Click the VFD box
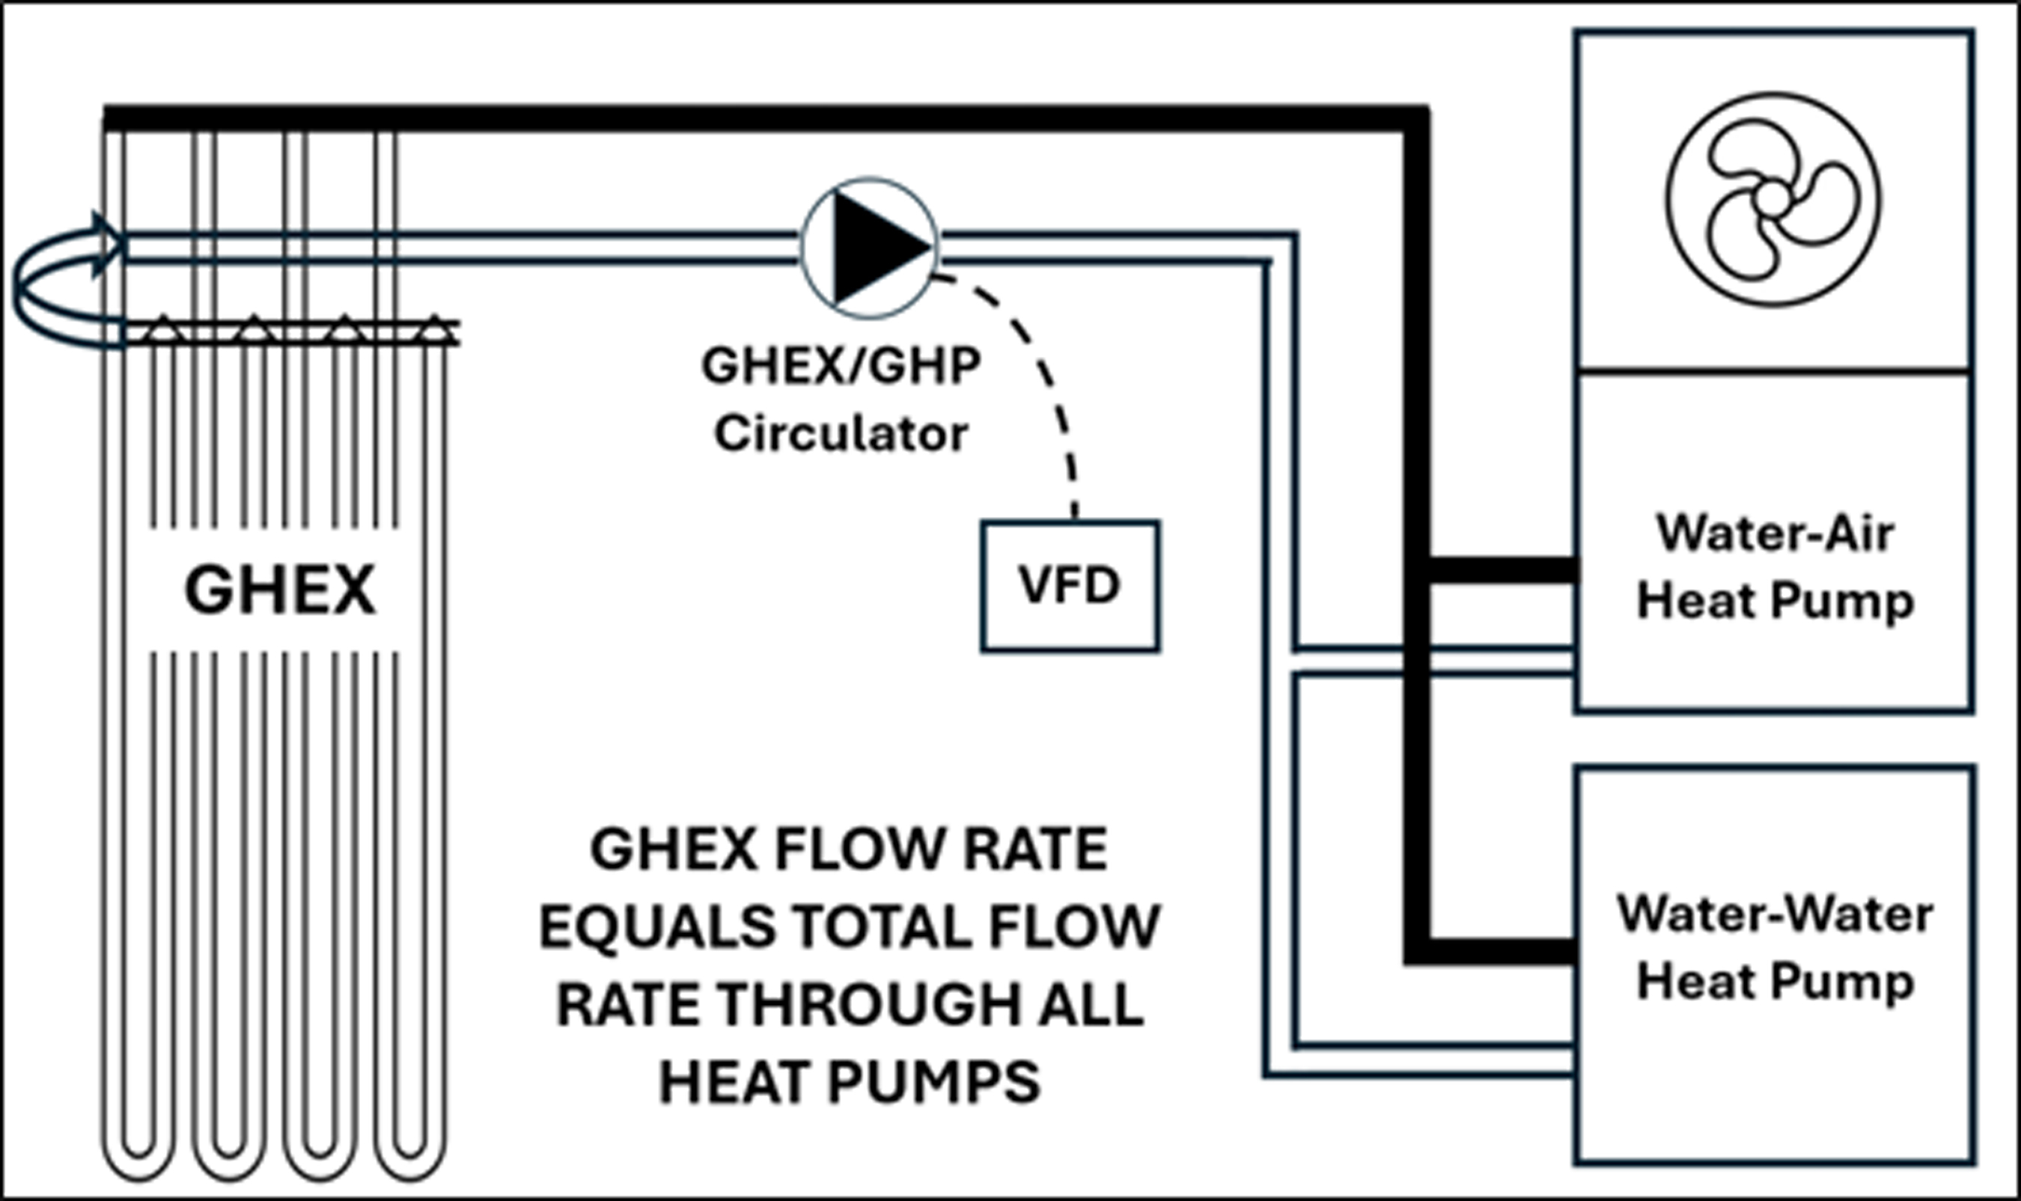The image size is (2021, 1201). click(1069, 586)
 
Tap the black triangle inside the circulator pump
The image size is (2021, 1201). click(874, 248)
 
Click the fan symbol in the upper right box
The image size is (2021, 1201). click(1772, 199)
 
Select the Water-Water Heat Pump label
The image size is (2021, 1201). click(1774, 947)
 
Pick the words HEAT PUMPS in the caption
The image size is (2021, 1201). click(849, 1082)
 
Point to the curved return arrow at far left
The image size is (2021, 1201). click(32, 287)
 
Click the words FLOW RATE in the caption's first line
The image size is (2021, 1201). click(939, 849)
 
